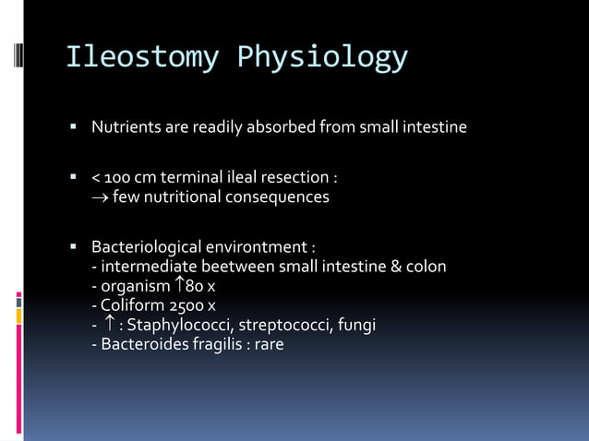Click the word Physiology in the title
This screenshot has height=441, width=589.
click(x=322, y=57)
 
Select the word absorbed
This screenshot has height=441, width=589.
click(x=279, y=126)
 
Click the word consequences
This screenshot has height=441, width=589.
click(x=286, y=197)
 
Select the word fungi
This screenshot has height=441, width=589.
click(x=355, y=325)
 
